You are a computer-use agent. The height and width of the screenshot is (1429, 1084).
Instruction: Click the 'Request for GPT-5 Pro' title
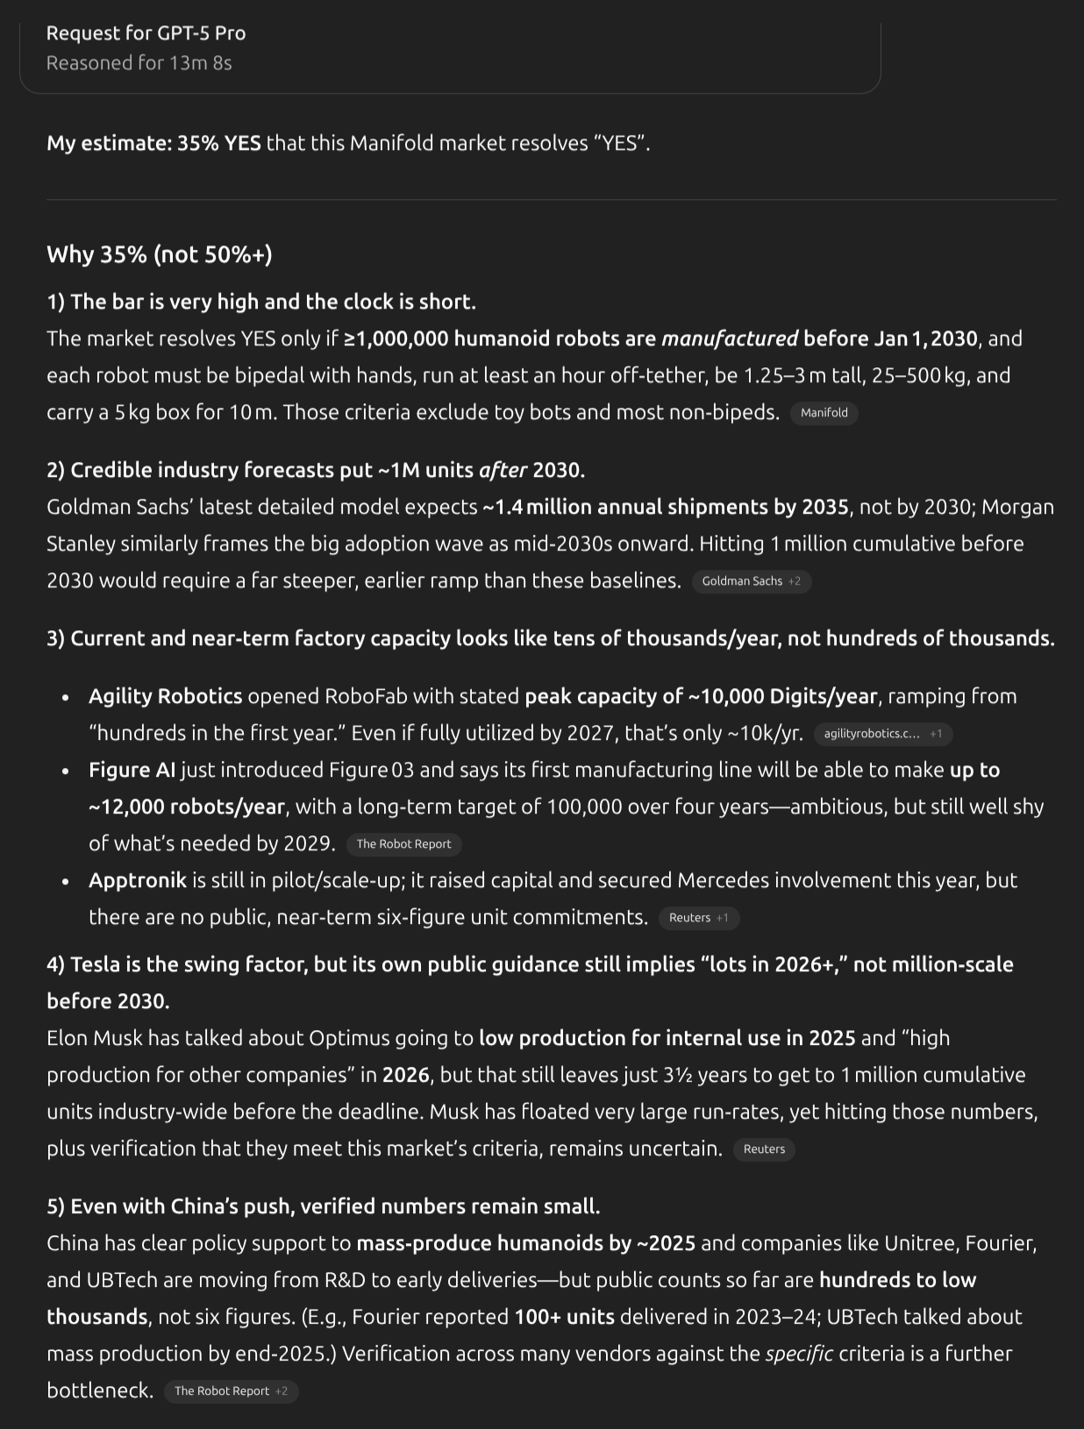click(146, 33)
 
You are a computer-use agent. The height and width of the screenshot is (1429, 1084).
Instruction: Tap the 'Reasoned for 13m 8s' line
click(139, 63)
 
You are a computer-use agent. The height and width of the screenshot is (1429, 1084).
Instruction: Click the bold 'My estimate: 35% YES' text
click(153, 143)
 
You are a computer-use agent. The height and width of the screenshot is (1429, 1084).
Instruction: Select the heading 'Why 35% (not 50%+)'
click(159, 254)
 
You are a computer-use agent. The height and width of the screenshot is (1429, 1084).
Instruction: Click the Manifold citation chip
click(824, 413)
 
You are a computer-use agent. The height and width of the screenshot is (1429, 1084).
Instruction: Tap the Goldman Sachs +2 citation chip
click(751, 581)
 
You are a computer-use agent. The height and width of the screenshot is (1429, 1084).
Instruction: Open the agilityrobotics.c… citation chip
click(882, 734)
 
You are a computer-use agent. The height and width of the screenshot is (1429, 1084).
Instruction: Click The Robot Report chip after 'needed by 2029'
click(403, 844)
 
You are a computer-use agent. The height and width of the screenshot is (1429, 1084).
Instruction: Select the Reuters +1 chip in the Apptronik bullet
click(698, 918)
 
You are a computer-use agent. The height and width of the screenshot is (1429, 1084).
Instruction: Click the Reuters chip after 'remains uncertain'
click(764, 1149)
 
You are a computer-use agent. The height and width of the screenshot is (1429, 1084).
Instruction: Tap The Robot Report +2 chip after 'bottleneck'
click(231, 1391)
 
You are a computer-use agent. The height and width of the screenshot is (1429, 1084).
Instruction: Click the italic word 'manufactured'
click(730, 338)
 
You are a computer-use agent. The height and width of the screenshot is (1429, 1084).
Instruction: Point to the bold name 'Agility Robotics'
click(165, 696)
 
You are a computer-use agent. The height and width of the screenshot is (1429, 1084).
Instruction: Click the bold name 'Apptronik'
click(138, 880)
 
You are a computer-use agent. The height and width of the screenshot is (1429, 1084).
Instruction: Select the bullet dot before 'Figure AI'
click(66, 771)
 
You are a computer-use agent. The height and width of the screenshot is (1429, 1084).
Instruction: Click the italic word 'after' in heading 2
click(503, 470)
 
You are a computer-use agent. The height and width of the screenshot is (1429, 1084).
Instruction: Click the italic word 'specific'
click(798, 1354)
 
